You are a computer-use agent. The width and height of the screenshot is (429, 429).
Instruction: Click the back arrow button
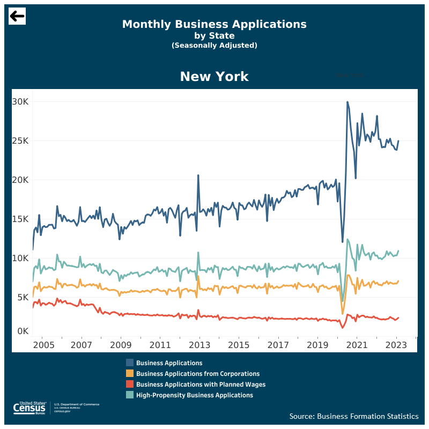click(x=17, y=17)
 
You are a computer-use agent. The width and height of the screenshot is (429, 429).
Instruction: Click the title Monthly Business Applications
click(x=214, y=24)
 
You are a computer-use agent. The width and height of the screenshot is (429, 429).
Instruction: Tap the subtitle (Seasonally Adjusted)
click(x=214, y=46)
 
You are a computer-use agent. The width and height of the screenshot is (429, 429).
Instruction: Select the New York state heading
click(x=214, y=77)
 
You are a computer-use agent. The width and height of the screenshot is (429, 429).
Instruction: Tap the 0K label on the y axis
click(x=23, y=331)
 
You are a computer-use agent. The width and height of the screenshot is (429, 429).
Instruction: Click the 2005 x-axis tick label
click(x=44, y=344)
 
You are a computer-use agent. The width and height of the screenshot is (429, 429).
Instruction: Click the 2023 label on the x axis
click(x=397, y=344)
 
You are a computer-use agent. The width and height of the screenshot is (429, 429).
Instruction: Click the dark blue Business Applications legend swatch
click(x=130, y=363)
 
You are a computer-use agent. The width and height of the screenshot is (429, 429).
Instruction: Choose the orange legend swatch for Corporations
click(x=130, y=374)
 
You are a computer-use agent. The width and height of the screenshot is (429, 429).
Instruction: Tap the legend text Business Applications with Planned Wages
click(x=201, y=384)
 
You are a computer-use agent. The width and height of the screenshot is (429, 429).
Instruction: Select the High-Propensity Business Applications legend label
click(x=195, y=395)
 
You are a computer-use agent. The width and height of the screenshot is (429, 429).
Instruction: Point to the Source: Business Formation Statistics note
click(x=354, y=417)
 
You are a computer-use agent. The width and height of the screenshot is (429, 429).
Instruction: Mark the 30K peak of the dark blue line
click(x=347, y=102)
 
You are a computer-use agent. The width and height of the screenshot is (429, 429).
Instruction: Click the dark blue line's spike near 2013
click(x=198, y=175)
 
